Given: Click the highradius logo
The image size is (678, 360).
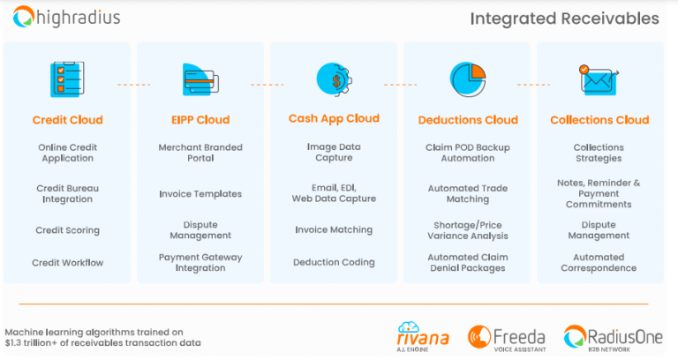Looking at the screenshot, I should tap(67, 17).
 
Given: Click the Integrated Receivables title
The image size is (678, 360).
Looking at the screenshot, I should tap(564, 19).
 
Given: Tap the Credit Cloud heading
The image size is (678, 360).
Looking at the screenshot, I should tap(67, 120).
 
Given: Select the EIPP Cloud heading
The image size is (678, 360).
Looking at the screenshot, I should tap(200, 120).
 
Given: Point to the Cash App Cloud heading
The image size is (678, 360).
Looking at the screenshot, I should tap(334, 118).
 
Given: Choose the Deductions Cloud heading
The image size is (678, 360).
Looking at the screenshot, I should tap(468, 120).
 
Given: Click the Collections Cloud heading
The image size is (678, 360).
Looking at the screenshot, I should tap(599, 120).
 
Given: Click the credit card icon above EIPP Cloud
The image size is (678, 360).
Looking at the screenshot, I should tap(200, 80).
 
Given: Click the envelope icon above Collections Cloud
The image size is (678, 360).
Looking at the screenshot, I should tap(599, 79).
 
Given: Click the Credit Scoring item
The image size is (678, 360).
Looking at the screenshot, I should tap(67, 230).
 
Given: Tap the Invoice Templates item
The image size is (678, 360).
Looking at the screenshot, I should tap(200, 194).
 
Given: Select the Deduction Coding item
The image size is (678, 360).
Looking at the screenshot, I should tap(334, 262).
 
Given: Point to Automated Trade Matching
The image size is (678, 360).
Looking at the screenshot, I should tap(468, 194).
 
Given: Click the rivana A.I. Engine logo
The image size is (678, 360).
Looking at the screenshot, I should tap(424, 335).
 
